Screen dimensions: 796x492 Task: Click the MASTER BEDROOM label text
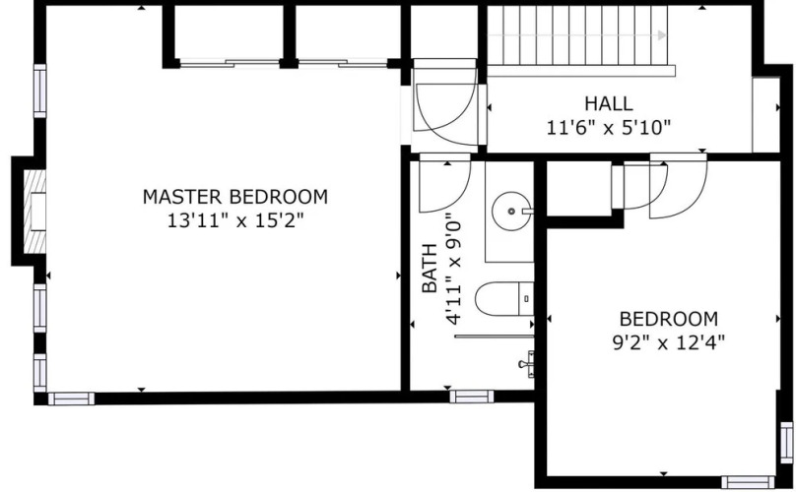(235, 197)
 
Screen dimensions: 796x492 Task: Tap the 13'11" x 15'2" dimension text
(235, 220)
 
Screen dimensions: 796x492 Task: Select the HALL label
(608, 103)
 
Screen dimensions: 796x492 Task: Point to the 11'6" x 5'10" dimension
(608, 127)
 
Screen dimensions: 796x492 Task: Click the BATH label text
(430, 269)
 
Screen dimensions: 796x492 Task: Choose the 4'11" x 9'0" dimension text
(454, 272)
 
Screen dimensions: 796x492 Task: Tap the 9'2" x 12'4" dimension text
(668, 342)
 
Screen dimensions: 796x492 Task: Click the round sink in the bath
(511, 211)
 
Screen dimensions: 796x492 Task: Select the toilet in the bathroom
(504, 299)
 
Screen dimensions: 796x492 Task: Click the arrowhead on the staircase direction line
(661, 35)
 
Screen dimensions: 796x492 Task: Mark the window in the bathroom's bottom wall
(472, 397)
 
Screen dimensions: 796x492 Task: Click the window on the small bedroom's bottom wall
(748, 481)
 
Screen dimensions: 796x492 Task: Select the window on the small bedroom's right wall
(786, 442)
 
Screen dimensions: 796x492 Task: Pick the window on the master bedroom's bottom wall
(71, 399)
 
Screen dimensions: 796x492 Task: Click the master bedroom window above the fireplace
(40, 91)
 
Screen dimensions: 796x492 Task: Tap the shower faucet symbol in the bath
(527, 364)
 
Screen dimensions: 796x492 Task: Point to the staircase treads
(577, 35)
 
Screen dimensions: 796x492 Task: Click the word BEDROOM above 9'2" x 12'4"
(669, 319)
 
